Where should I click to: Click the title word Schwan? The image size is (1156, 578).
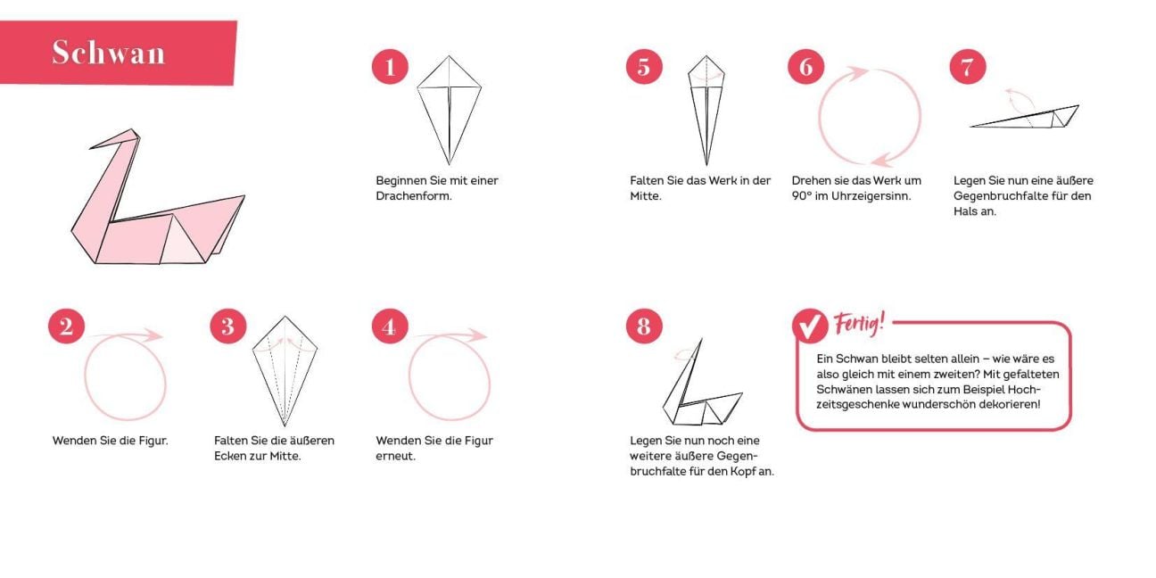(109, 53)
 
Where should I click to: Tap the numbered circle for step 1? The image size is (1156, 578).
(390, 67)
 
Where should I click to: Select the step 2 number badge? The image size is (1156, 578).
(67, 326)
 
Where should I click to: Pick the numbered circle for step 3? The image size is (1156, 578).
(228, 326)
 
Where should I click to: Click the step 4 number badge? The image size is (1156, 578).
(390, 326)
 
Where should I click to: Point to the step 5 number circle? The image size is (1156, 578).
(644, 67)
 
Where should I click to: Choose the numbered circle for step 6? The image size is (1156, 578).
(806, 67)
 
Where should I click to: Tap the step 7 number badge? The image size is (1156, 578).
(968, 67)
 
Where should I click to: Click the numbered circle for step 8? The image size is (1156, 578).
(644, 326)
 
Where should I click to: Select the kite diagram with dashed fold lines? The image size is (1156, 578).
(285, 369)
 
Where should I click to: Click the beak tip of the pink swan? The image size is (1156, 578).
(90, 148)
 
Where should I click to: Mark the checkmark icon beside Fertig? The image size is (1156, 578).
(810, 326)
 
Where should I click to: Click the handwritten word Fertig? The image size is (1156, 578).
(860, 324)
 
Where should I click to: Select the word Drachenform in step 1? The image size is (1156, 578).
(413, 196)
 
